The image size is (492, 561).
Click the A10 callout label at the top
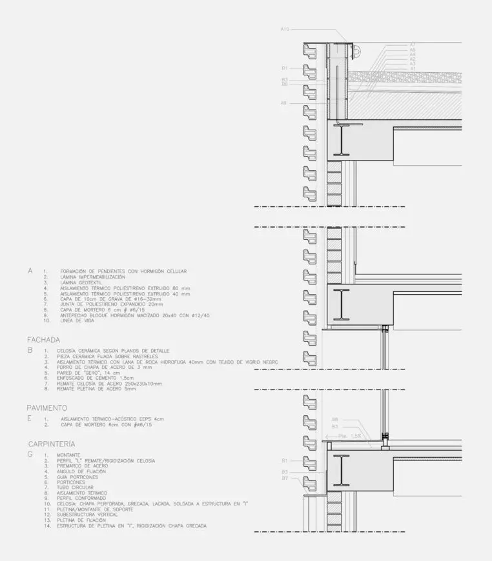click(285, 29)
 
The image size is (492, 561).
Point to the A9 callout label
click(283, 103)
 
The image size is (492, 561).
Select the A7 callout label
click(412, 44)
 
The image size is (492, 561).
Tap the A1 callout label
click(412, 68)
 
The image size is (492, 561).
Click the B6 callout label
click(284, 84)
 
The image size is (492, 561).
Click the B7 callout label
click(284, 478)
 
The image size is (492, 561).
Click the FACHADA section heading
click(43, 340)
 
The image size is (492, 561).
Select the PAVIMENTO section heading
click(47, 408)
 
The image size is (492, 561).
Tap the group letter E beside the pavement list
click(30, 418)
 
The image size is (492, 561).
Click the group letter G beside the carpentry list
click(30, 455)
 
